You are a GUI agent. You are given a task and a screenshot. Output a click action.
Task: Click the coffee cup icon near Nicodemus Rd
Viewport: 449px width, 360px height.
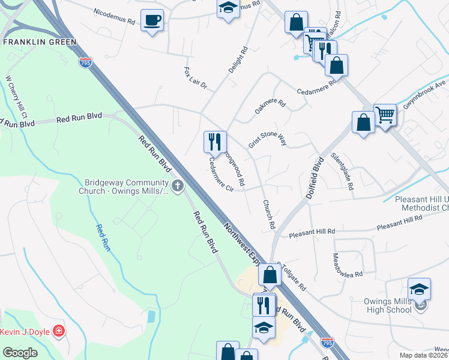152,20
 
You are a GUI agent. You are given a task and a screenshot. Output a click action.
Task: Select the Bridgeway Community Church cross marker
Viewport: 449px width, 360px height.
177,186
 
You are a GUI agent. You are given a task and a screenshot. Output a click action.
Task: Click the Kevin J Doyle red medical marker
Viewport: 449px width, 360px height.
58,331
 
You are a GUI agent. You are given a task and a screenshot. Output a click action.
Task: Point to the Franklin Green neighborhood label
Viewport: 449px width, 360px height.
40,42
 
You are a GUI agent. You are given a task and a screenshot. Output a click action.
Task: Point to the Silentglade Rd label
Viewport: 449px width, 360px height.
342,171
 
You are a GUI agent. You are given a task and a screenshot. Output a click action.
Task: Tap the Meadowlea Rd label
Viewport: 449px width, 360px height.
348,265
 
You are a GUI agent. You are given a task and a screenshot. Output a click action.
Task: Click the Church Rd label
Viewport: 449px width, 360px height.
268,214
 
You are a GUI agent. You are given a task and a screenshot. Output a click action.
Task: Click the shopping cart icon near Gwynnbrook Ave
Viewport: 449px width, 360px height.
385,115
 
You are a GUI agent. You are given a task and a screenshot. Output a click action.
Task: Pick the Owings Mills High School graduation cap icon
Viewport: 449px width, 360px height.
419,289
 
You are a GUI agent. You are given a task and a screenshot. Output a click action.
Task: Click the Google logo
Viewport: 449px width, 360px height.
20,353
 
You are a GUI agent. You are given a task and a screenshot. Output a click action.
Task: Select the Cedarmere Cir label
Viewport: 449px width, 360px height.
220,175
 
